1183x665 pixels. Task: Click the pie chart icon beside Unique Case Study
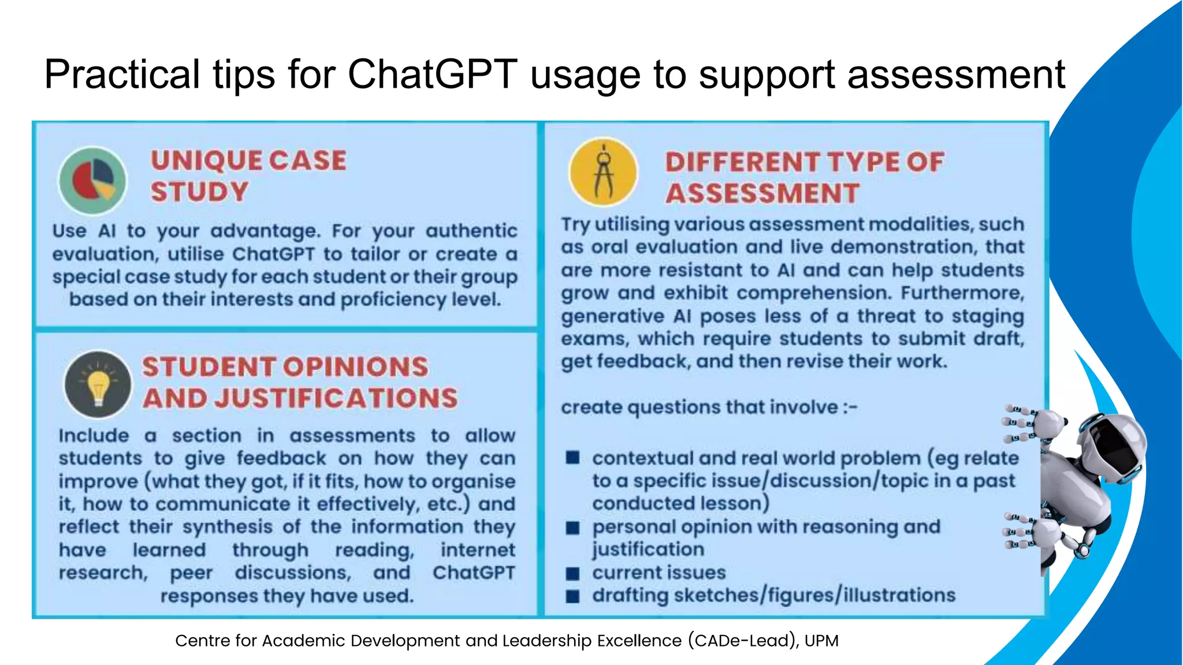coord(92,181)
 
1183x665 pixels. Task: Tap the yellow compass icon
coord(603,172)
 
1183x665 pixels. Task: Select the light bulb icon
coord(98,385)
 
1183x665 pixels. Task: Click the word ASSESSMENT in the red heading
coord(762,193)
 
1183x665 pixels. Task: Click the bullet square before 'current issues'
coord(572,573)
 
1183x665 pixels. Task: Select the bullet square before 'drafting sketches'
coord(572,596)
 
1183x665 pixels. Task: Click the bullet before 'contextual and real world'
coord(572,458)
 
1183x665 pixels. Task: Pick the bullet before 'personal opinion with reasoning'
coord(572,528)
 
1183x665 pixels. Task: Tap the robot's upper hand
coord(1034,424)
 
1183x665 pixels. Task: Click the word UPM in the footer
coord(821,641)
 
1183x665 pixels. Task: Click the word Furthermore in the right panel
coord(962,293)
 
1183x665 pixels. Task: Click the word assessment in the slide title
coord(956,74)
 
